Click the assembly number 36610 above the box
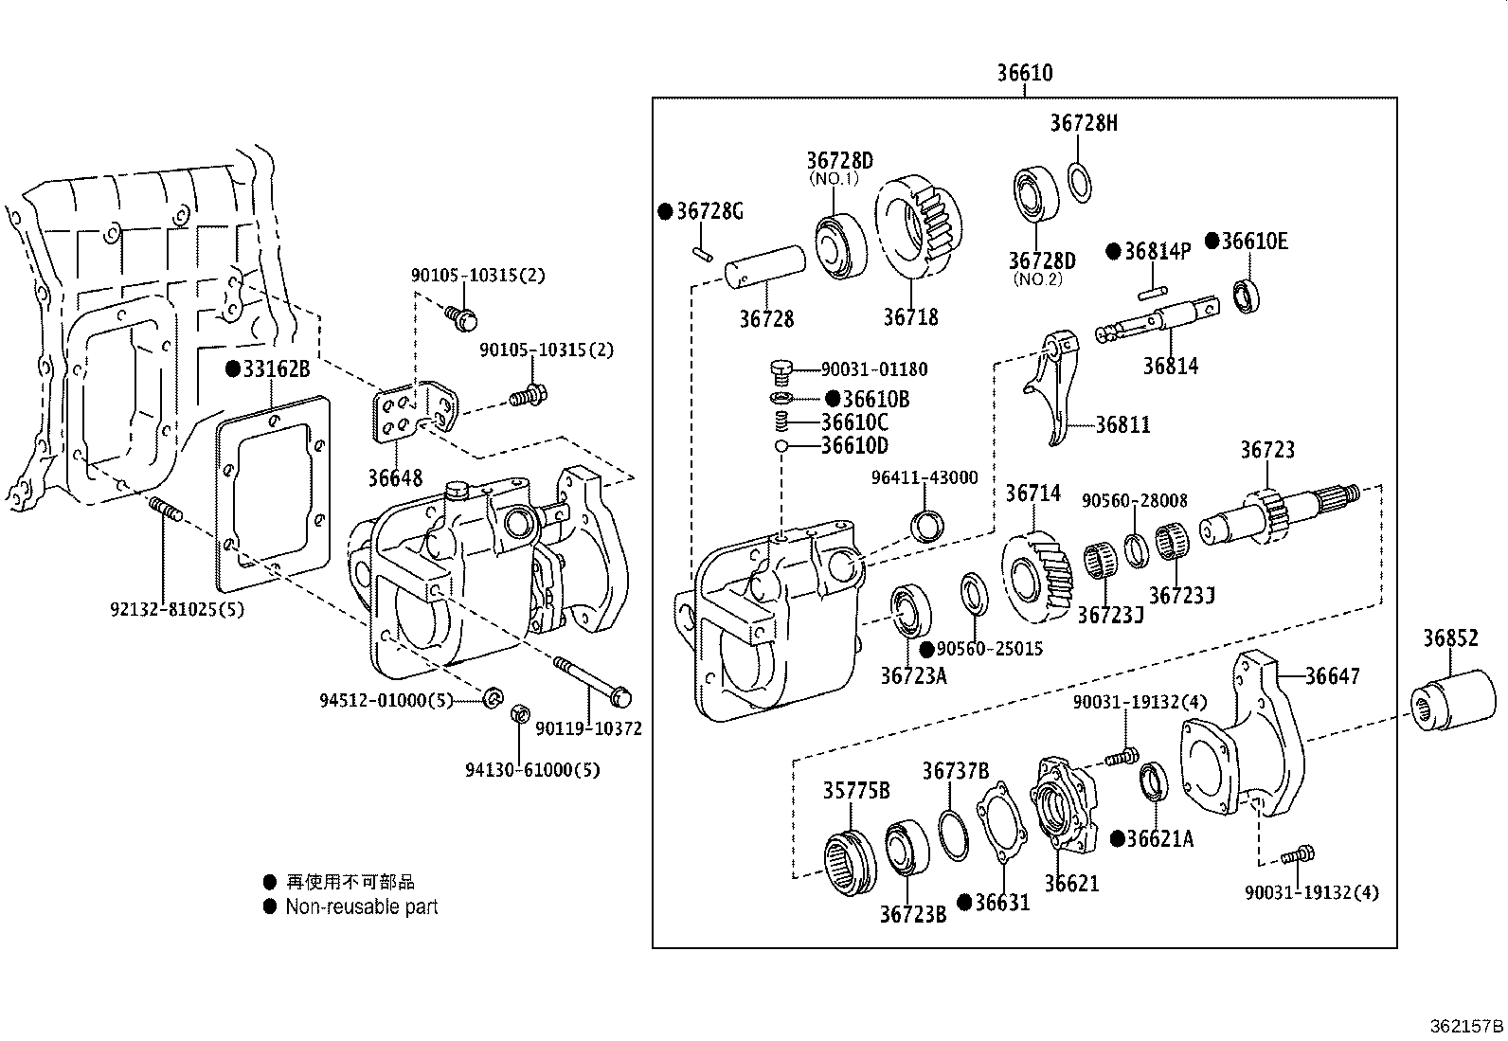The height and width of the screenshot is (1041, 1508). tap(1024, 73)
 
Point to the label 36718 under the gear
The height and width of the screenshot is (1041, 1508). tap(910, 316)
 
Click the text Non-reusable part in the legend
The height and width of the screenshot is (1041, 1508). tap(361, 906)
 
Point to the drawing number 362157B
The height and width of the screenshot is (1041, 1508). tap(1465, 1026)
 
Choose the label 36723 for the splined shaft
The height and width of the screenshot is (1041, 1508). tap(1266, 450)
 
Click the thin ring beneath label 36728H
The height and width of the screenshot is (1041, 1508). tap(1079, 182)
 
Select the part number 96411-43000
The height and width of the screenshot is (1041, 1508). tap(924, 478)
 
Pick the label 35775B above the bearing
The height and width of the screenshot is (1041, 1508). tap(855, 790)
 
